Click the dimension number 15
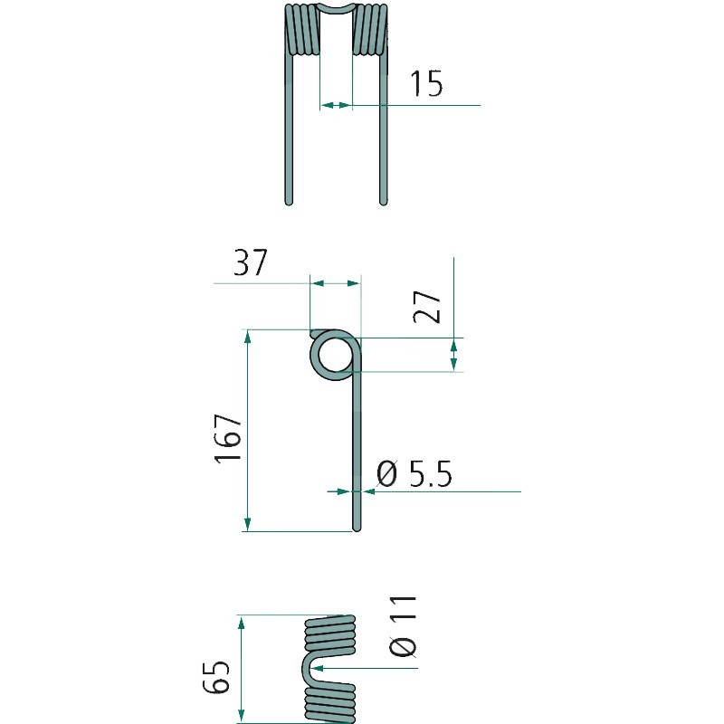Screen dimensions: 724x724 pos(426,83)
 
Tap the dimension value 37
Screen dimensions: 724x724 pos(251,262)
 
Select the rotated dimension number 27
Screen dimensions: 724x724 pos(427,307)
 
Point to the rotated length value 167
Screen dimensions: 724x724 pos(228,438)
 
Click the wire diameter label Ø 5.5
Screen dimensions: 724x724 pos(414,473)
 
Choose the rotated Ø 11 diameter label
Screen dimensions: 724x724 pos(403,625)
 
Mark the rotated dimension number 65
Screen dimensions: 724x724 pos(216,677)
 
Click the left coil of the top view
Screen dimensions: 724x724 pos(302,30)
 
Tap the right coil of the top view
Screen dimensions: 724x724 pos(370,30)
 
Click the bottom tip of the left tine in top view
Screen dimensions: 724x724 pos(289,202)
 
